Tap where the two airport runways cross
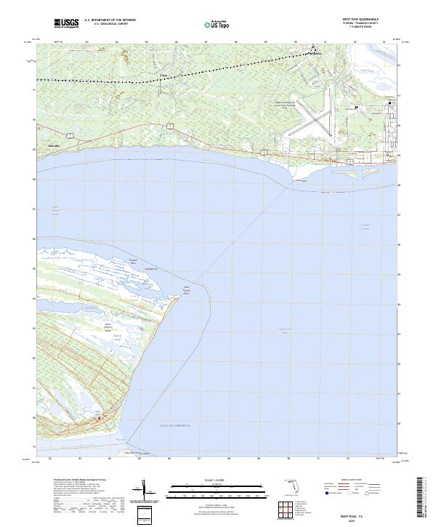click(317, 122)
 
